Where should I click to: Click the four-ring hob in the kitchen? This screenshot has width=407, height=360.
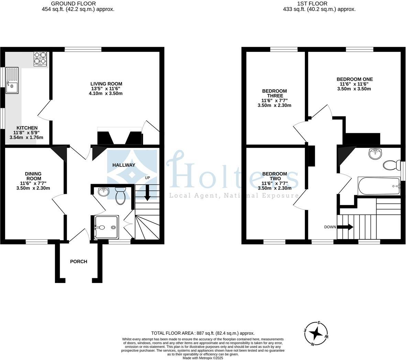pos(40,59)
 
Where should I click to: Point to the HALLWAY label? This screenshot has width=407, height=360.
pos(124,165)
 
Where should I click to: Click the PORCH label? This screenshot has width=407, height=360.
pos(79,262)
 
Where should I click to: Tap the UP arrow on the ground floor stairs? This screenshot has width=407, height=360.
pos(147,193)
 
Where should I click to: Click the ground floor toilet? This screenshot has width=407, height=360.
pos(120,196)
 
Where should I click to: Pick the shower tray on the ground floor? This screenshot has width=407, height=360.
pos(107,227)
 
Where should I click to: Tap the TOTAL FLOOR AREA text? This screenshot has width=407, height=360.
pos(203,333)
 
